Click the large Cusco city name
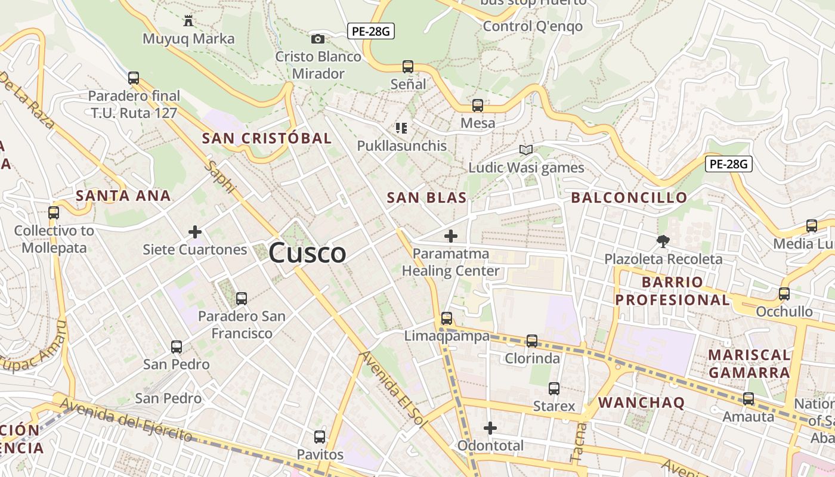point(307,253)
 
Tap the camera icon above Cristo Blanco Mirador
point(318,39)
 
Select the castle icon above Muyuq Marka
point(188,21)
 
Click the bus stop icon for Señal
point(408,66)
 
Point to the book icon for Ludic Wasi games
point(525,150)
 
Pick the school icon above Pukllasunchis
point(401,128)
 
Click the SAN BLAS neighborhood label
point(426,198)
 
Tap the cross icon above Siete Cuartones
point(195,232)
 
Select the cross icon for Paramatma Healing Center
point(451,236)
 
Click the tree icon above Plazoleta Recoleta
point(663,241)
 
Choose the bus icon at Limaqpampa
point(447,318)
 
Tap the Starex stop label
point(554,407)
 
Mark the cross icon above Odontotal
point(490,428)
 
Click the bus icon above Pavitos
point(320,436)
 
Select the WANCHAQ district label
point(641,402)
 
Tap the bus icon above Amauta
point(749,399)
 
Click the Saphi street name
point(219,176)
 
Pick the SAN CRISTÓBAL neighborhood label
point(267,138)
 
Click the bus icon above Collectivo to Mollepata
point(54,212)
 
